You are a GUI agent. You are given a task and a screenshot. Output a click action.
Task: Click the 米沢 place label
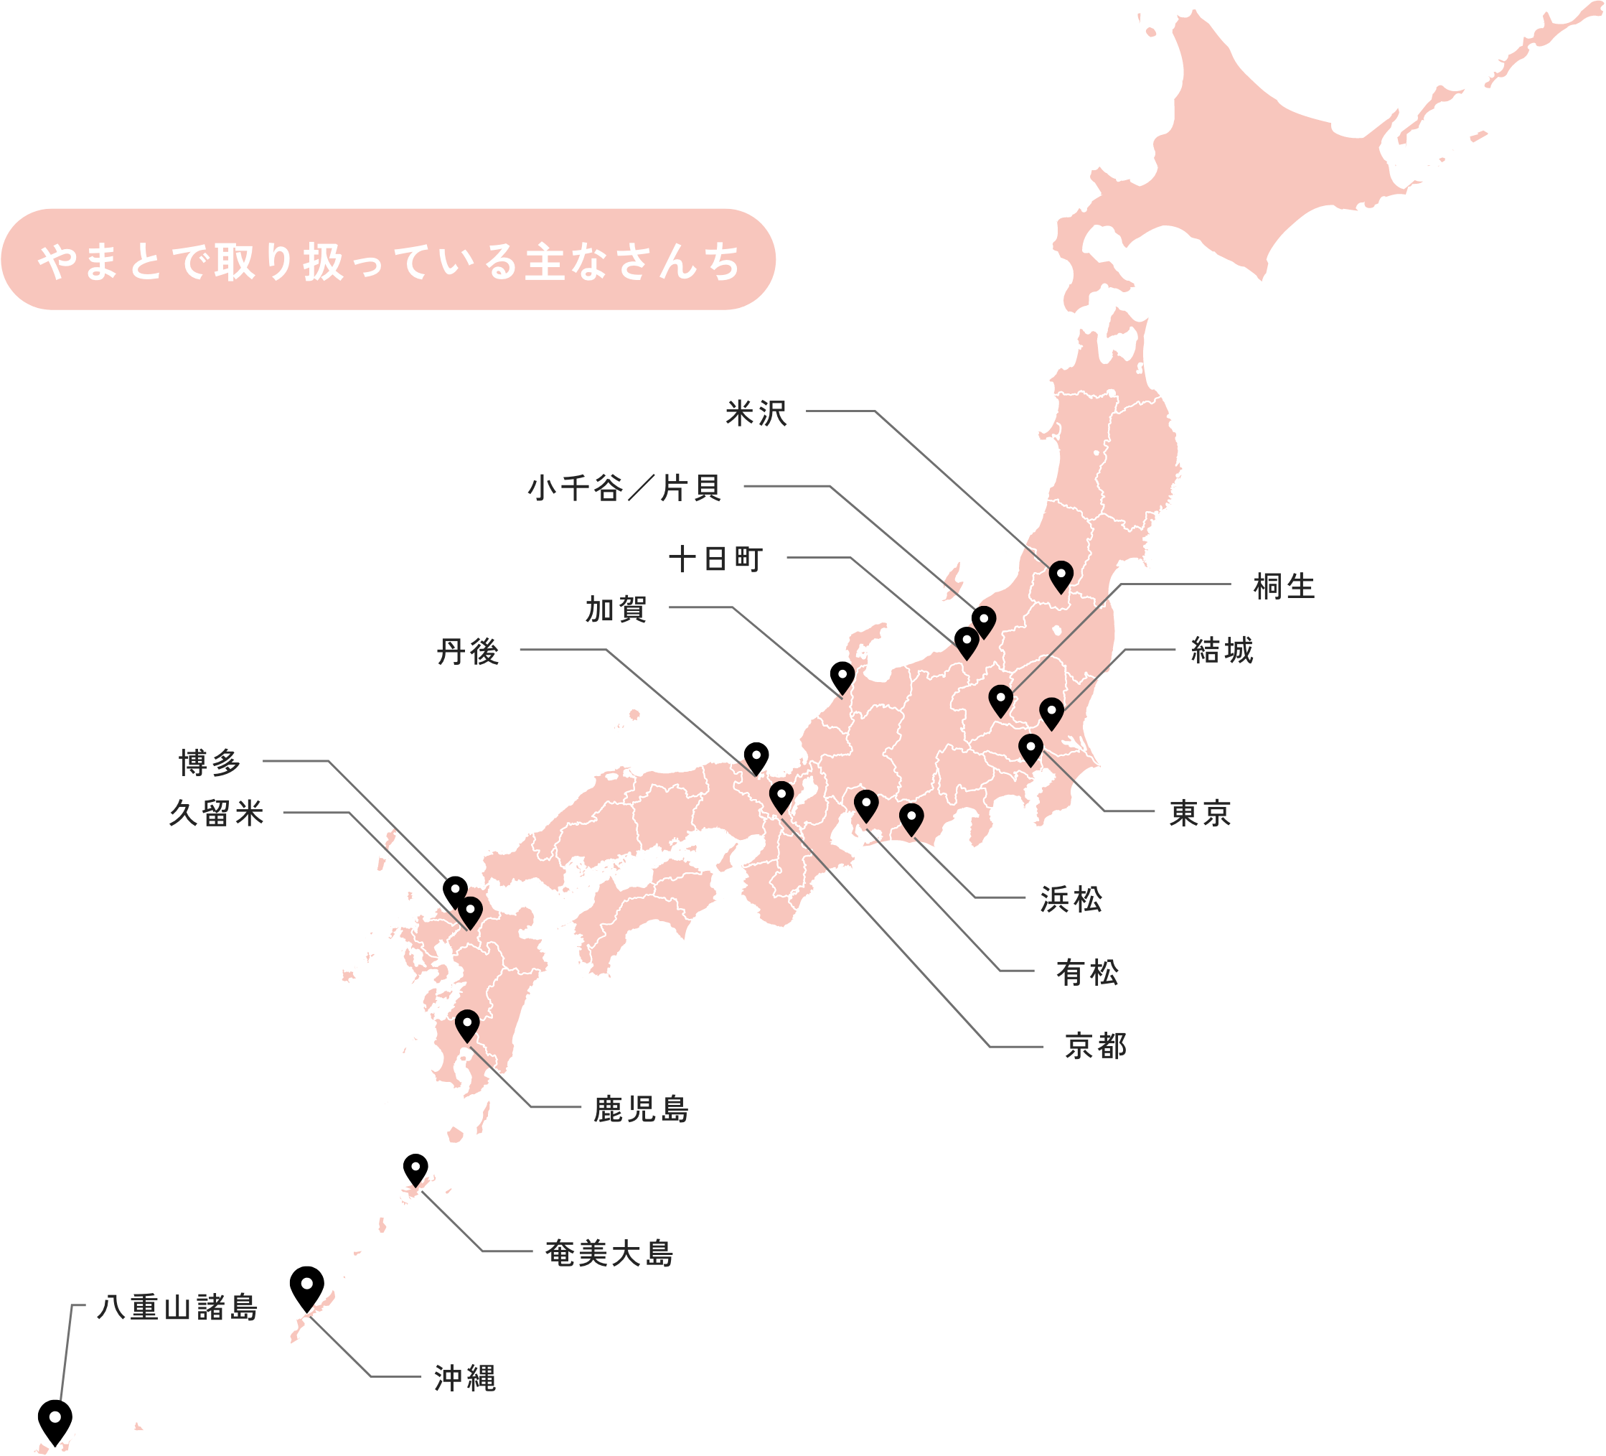pyautogui.click(x=756, y=414)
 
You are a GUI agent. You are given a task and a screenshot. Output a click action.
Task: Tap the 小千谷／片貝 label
pyautogui.click(x=625, y=487)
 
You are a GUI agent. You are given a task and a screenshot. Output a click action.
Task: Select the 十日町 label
pyautogui.click(x=717, y=559)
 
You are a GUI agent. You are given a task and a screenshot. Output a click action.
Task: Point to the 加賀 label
pyautogui.click(x=616, y=610)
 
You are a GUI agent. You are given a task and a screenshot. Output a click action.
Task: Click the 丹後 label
pyautogui.click(x=469, y=652)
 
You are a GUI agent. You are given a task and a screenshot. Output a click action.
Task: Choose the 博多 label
pyautogui.click(x=210, y=762)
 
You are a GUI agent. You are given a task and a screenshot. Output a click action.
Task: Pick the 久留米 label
pyautogui.click(x=217, y=813)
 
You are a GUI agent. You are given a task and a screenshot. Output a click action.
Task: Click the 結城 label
pyautogui.click(x=1222, y=651)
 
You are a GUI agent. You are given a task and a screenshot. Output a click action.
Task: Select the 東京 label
pyautogui.click(x=1201, y=813)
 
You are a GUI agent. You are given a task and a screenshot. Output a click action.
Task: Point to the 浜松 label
pyautogui.click(x=1071, y=900)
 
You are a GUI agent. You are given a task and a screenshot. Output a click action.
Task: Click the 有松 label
pyautogui.click(x=1087, y=973)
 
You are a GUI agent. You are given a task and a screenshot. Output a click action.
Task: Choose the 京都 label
pyautogui.click(x=1097, y=1046)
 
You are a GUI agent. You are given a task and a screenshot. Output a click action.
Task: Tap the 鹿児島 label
pyautogui.click(x=642, y=1109)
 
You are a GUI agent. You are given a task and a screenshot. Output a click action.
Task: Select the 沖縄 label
pyautogui.click(x=465, y=1378)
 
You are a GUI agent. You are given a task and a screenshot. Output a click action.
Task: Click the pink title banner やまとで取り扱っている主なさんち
pyautogui.click(x=389, y=260)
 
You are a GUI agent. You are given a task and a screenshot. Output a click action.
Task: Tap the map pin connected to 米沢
pyautogui.click(x=1061, y=574)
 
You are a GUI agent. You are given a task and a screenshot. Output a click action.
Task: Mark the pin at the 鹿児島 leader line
pyautogui.click(x=467, y=1024)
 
